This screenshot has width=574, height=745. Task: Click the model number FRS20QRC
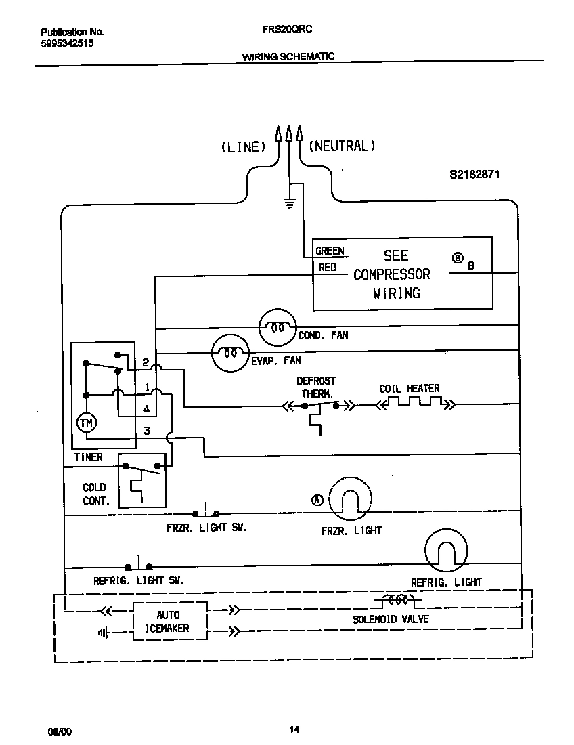tap(287, 30)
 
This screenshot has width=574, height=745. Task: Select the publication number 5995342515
tap(67, 43)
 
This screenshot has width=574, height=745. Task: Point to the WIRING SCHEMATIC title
tap(288, 57)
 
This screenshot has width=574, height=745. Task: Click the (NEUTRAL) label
tap(342, 146)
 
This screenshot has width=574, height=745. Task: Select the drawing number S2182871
tap(474, 174)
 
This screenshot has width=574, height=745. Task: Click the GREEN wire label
tap(330, 251)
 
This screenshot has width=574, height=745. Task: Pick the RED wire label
tap(328, 268)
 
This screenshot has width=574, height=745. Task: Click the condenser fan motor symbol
tap(277, 328)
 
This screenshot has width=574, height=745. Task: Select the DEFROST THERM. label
tap(315, 387)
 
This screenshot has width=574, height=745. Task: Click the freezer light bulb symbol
tap(351, 500)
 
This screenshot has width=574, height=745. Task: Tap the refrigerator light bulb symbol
tap(447, 550)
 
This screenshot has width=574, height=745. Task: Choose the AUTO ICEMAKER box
tap(169, 621)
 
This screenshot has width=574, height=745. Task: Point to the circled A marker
tap(317, 501)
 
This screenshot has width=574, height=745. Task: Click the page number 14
tap(294, 729)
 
